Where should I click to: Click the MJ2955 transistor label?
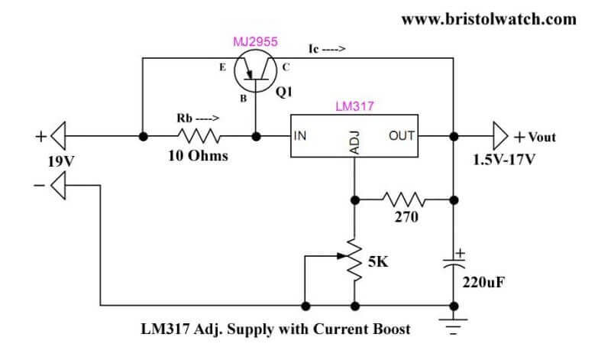[x=255, y=42]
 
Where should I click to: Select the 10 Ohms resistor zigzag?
[x=199, y=136]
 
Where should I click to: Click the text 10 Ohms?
[x=198, y=156]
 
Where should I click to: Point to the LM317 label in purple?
[x=354, y=106]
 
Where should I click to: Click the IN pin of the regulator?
[x=299, y=136]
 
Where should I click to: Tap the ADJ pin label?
[x=354, y=143]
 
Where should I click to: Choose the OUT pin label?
[x=402, y=136]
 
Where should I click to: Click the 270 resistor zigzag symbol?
[x=404, y=199]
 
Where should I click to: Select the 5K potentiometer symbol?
[x=354, y=260]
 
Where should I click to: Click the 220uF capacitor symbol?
[x=454, y=262]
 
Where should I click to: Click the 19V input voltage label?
[x=61, y=161]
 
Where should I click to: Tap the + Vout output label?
[x=535, y=137]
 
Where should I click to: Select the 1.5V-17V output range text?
[x=504, y=160]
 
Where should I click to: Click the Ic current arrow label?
[x=327, y=49]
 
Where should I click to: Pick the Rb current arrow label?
[x=198, y=118]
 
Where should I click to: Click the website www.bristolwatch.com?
[x=489, y=19]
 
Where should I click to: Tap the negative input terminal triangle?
[x=58, y=186]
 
